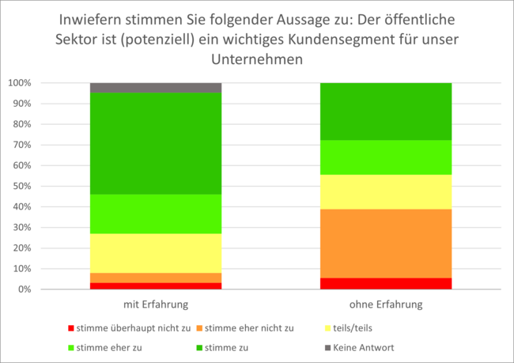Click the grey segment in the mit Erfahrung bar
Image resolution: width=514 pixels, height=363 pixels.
pyautogui.click(x=156, y=88)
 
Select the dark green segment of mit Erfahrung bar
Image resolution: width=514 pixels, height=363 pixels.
pyautogui.click(x=156, y=143)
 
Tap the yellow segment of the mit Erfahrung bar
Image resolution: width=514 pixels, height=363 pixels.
pyautogui.click(x=156, y=253)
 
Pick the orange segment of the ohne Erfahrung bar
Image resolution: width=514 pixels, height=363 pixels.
pyautogui.click(x=385, y=244)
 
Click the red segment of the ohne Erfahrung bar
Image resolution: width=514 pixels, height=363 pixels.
pyautogui.click(x=385, y=283)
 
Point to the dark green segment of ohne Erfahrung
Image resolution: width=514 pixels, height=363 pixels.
pyautogui.click(x=385, y=112)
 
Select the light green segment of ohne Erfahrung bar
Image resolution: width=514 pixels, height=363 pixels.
pyautogui.click(x=385, y=157)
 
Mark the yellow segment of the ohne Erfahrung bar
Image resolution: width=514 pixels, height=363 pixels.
pyautogui.click(x=385, y=191)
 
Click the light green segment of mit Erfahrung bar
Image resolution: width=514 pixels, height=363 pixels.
pyautogui.click(x=156, y=214)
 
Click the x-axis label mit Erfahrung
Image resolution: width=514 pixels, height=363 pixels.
pyautogui.click(x=156, y=304)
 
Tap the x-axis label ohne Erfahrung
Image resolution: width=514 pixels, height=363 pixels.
pyautogui.click(x=385, y=304)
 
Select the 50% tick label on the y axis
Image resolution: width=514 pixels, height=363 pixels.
pyautogui.click(x=22, y=186)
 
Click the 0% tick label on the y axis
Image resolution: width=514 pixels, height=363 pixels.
pyautogui.click(x=25, y=289)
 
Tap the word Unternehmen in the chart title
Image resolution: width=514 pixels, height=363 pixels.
pyautogui.click(x=257, y=59)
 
